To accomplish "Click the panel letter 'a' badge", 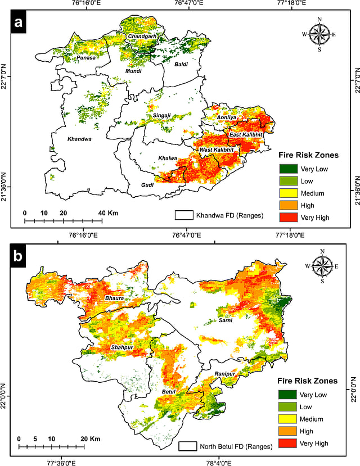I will (20, 23).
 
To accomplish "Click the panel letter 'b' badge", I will (20, 256).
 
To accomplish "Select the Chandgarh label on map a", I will (142, 37).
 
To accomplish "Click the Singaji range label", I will (164, 116).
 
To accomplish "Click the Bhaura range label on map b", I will (114, 297).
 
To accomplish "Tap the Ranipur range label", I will (224, 374).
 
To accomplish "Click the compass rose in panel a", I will (319, 34).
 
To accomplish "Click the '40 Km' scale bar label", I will (105, 214).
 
